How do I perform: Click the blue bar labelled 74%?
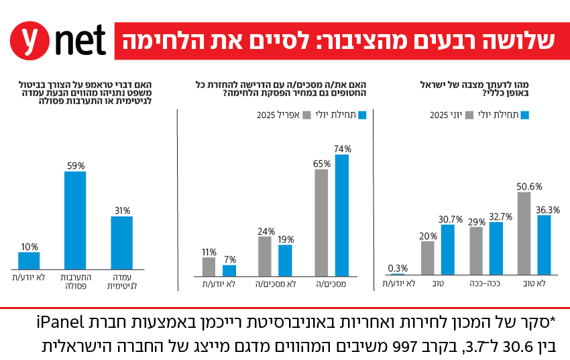click(x=342, y=215)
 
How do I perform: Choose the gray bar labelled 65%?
click(x=321, y=223)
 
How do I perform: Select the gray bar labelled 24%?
click(x=265, y=256)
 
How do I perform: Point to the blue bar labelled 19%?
click(x=286, y=260)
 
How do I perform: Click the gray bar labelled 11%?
click(x=209, y=267)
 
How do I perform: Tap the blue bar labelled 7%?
click(x=229, y=270)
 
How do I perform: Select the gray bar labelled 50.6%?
click(x=524, y=233)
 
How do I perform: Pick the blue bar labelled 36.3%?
click(x=545, y=245)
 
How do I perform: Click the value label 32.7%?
click(x=501, y=217)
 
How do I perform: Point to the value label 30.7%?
click(x=451, y=219)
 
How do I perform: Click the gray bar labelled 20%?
click(x=428, y=258)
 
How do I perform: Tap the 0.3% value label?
click(x=398, y=269)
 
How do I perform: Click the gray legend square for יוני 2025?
click(x=480, y=115)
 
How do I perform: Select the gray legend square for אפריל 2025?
click(x=308, y=115)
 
